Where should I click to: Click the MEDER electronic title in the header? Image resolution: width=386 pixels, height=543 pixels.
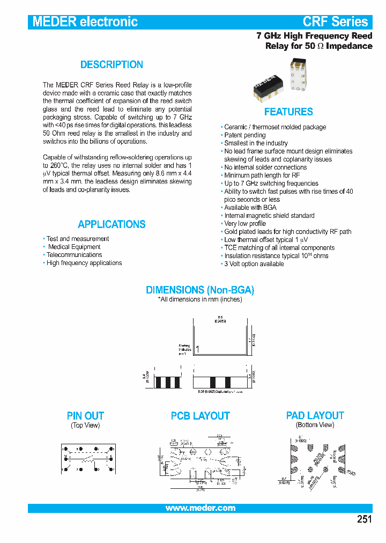(x=85, y=22)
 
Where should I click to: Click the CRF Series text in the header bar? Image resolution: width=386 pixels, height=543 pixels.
(x=335, y=22)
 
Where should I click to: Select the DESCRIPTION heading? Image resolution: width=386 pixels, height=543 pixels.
(x=112, y=65)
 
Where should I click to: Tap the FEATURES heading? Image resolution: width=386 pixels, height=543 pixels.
(x=288, y=112)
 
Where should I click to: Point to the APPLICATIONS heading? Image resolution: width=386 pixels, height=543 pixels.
(x=112, y=224)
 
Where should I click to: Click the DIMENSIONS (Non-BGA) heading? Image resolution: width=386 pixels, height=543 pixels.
(x=200, y=290)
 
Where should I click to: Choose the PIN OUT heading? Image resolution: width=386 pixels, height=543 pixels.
(x=85, y=416)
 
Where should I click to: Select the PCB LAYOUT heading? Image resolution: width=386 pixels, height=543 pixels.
(x=200, y=416)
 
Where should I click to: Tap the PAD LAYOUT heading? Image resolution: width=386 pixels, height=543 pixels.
(x=315, y=416)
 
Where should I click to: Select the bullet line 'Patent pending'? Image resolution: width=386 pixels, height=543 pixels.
(x=244, y=135)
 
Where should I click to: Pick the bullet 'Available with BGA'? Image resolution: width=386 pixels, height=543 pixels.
(x=250, y=208)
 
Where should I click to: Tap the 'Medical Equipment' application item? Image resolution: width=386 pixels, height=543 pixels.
(x=74, y=247)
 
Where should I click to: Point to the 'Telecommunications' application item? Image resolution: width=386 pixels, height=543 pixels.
(x=74, y=255)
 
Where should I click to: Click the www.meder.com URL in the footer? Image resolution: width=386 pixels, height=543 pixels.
(x=200, y=508)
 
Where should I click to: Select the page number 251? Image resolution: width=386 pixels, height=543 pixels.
(x=363, y=519)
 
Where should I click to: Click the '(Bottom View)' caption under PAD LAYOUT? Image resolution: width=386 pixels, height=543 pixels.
(x=315, y=425)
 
